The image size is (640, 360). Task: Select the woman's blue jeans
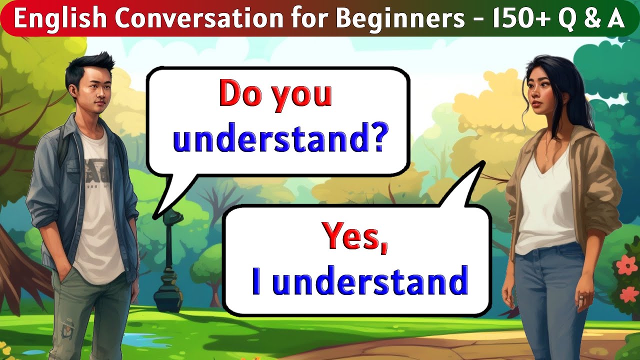tap(547, 295)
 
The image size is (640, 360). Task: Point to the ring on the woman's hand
tap(582, 299)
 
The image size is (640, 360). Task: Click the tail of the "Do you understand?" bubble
tap(167, 200)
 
